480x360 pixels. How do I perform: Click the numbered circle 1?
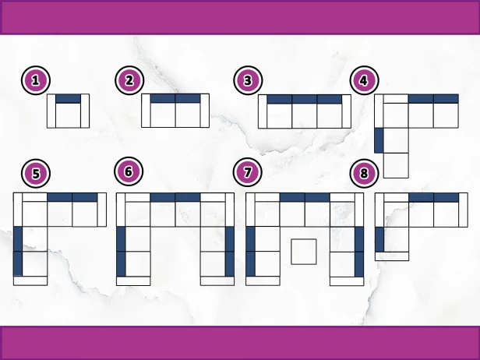(x=36, y=80)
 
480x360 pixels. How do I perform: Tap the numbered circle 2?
(x=129, y=80)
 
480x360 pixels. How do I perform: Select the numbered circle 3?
(x=248, y=80)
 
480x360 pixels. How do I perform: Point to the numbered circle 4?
(x=365, y=80)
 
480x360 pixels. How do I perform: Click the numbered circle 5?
(x=36, y=173)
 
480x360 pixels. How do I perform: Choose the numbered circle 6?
(x=129, y=171)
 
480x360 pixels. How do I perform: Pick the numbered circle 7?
(x=247, y=172)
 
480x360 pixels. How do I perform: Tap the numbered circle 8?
(x=364, y=173)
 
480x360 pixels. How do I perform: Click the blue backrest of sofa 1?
(x=68, y=98)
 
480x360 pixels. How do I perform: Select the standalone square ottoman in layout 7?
(x=304, y=252)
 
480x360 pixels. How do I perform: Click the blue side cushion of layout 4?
(x=379, y=140)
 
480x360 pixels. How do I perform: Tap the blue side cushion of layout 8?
(x=379, y=239)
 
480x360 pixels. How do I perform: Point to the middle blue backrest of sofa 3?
(x=305, y=99)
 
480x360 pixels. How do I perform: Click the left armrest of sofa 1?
(x=51, y=111)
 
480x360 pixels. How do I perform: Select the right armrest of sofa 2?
(x=205, y=111)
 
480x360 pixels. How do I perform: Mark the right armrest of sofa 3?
(x=346, y=111)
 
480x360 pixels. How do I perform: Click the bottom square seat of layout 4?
(x=396, y=165)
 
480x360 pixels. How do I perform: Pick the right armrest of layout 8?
(x=463, y=210)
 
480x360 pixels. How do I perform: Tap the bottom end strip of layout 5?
(x=30, y=281)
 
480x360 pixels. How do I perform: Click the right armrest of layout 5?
(x=102, y=210)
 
